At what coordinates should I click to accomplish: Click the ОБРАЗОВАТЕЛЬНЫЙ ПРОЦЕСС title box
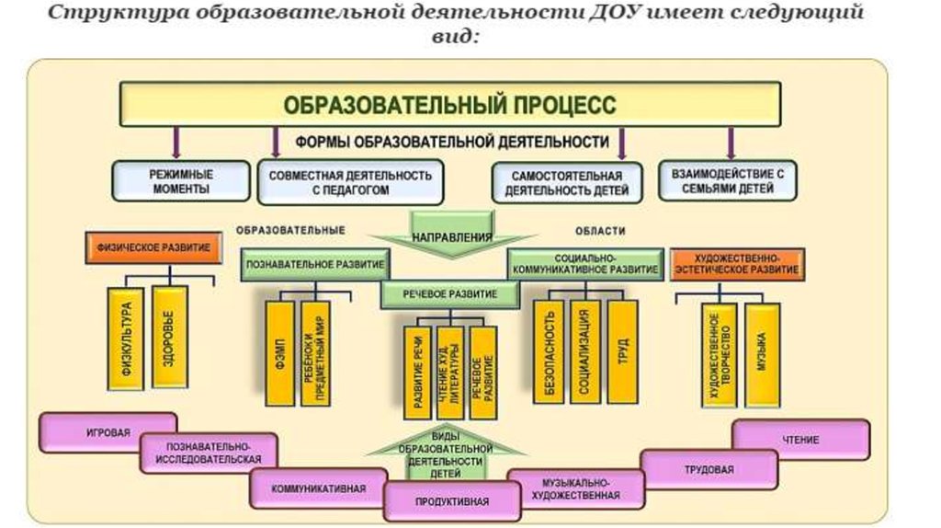(x=450, y=103)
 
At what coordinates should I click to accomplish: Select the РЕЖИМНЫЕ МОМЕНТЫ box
(x=181, y=181)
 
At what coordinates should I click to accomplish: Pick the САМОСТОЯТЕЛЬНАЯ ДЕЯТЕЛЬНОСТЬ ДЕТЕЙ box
(x=560, y=183)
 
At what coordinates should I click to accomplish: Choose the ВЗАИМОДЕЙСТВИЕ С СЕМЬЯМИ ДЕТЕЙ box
(x=728, y=180)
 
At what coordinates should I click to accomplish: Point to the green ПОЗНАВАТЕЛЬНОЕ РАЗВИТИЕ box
(x=315, y=263)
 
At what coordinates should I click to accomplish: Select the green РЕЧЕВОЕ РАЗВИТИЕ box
(x=450, y=294)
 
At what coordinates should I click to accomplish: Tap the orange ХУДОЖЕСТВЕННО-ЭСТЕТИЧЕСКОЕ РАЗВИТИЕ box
(x=739, y=264)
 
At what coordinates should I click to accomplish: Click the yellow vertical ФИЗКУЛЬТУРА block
(x=127, y=339)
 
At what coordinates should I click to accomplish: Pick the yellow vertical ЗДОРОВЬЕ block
(x=169, y=337)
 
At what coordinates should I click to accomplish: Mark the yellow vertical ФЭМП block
(x=279, y=352)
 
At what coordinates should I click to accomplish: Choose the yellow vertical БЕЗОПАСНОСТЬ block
(x=549, y=352)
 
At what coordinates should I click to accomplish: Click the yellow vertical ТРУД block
(x=621, y=352)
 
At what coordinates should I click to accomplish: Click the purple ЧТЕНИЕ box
(x=800, y=440)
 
